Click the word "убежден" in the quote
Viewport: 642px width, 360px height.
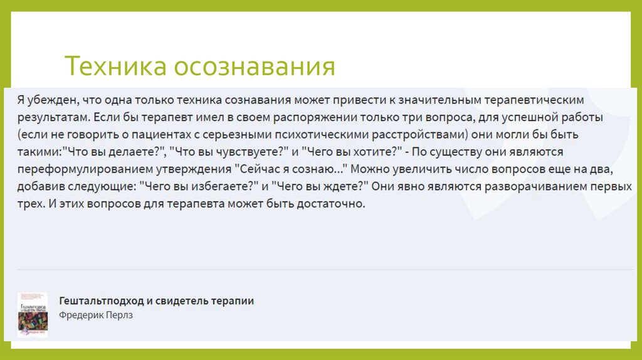pos(47,100)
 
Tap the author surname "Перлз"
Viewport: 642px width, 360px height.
pos(118,315)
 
